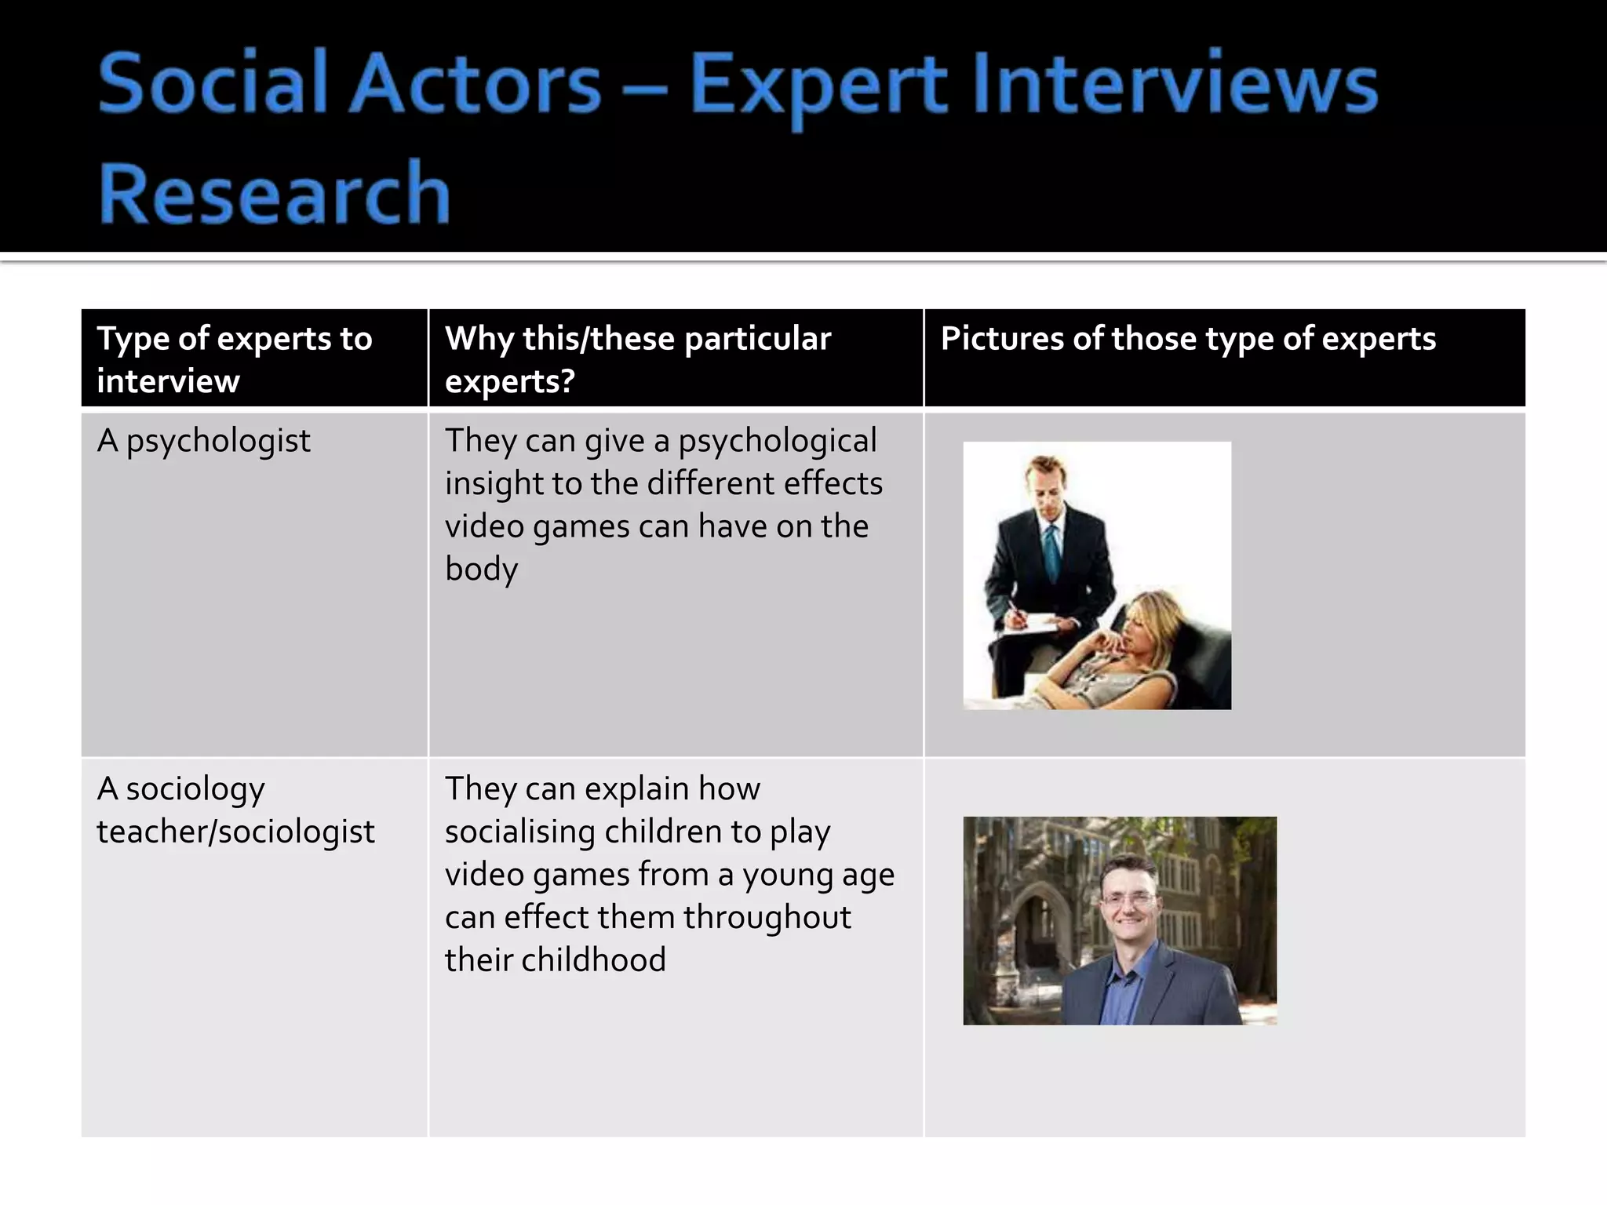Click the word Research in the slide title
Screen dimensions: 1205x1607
pyautogui.click(x=274, y=192)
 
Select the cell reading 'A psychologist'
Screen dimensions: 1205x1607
pyautogui.click(x=203, y=441)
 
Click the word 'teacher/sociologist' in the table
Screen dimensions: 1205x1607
pyautogui.click(x=235, y=832)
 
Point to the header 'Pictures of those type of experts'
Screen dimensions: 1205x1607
pyautogui.click(x=1188, y=339)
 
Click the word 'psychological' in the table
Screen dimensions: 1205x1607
pyautogui.click(x=777, y=441)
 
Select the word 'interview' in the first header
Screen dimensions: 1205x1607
pyautogui.click(x=168, y=382)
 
